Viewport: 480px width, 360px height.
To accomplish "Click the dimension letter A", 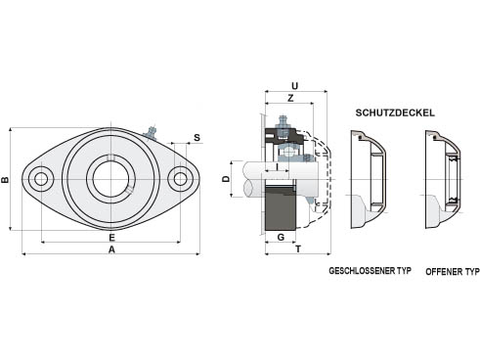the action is pos(111,249).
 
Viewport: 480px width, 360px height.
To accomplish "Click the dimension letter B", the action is pos(5,180).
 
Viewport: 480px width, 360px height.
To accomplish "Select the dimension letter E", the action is pos(111,237).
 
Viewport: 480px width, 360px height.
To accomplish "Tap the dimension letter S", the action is pos(196,138).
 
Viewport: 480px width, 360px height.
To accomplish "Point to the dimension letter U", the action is pos(294,86).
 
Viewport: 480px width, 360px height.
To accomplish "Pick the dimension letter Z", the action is pos(290,98).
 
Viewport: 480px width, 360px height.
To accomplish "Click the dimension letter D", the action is pos(226,179).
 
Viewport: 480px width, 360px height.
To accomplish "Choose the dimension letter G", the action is pos(281,237).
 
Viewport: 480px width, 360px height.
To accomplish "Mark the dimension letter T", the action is pos(298,249).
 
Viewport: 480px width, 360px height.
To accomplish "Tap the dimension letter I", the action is pos(277,167).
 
